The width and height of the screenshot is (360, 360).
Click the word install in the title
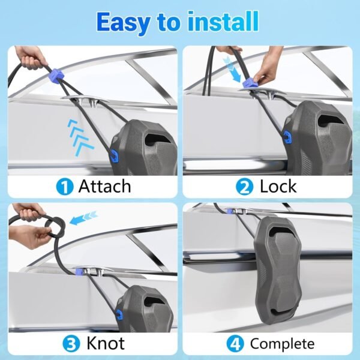pos(223,22)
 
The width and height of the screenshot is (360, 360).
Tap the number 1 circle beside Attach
pos(65,187)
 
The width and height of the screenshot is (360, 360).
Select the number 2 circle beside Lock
pos(244,187)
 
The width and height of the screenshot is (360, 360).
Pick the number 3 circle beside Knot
pos(71,344)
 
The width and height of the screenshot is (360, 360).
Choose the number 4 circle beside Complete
pos(235,344)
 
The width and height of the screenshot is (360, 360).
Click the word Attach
pos(104,186)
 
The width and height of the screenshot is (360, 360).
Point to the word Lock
pos(278,186)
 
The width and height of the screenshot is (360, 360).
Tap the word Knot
pos(106,343)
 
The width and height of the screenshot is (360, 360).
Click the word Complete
pos(282,344)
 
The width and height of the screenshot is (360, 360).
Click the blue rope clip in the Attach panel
pos(55,75)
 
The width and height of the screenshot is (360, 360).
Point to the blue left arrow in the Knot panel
pos(84,218)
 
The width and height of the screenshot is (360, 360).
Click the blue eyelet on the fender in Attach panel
pos(115,155)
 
